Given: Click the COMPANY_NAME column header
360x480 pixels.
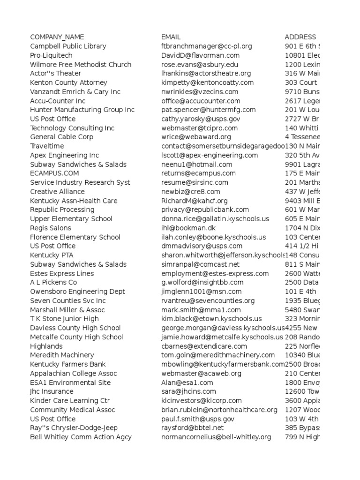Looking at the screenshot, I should pyautogui.click(x=57, y=37).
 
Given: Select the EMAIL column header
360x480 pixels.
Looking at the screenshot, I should pyautogui.click(x=171, y=37).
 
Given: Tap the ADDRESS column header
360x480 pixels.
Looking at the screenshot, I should pyautogui.click(x=300, y=37).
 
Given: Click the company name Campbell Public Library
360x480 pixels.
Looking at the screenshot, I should pyautogui.click(x=68, y=46).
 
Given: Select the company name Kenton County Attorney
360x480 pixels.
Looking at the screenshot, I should pyautogui.click(x=68, y=82).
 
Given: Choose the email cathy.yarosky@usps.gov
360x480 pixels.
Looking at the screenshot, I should pyautogui.click(x=201, y=119).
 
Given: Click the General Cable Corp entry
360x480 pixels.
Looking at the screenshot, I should pyautogui.click(x=61, y=137).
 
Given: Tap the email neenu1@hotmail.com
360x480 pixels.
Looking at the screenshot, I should pyautogui.click(x=196, y=165).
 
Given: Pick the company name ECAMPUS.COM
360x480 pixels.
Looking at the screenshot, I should pyautogui.click(x=54, y=173).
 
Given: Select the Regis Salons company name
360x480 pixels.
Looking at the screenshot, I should pyautogui.click(x=51, y=228).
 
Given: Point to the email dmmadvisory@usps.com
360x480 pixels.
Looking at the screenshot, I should pyautogui.click(x=202, y=246).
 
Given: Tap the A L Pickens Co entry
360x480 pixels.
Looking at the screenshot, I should pyautogui.click(x=53, y=283).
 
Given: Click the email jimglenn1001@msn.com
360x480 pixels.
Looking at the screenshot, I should pyautogui.click(x=202, y=292).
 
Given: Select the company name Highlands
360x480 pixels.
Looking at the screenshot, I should pyautogui.click(x=46, y=346).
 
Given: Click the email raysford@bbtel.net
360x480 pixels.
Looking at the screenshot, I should pyautogui.click(x=192, y=428).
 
